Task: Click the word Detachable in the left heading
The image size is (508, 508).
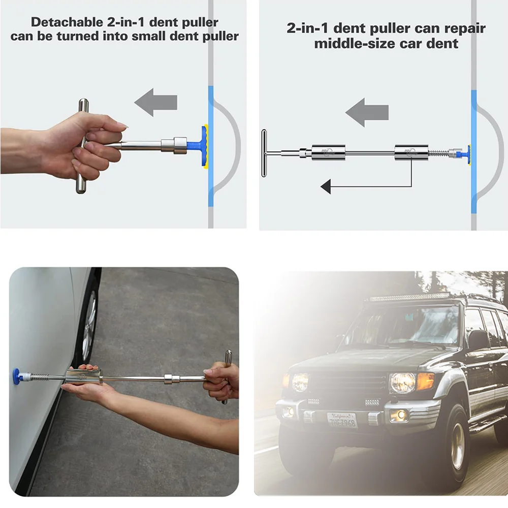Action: point(67,22)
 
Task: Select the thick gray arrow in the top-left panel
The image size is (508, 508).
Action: point(156,103)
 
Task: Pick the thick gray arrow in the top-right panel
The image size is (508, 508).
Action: point(367,112)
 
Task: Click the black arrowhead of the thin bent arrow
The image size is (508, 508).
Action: point(326,186)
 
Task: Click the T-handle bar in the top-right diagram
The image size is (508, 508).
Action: point(264,153)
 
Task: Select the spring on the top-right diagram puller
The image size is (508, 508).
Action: point(438,152)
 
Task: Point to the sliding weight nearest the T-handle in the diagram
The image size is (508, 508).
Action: point(328,152)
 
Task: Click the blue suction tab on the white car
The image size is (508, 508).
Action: point(16,376)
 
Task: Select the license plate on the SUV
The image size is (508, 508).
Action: point(342,420)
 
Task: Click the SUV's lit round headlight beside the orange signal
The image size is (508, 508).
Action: point(403,383)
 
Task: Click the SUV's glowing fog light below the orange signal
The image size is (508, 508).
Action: point(400,415)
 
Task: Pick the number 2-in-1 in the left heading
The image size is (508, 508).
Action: point(125,22)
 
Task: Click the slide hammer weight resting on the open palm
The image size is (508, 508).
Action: point(84,377)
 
